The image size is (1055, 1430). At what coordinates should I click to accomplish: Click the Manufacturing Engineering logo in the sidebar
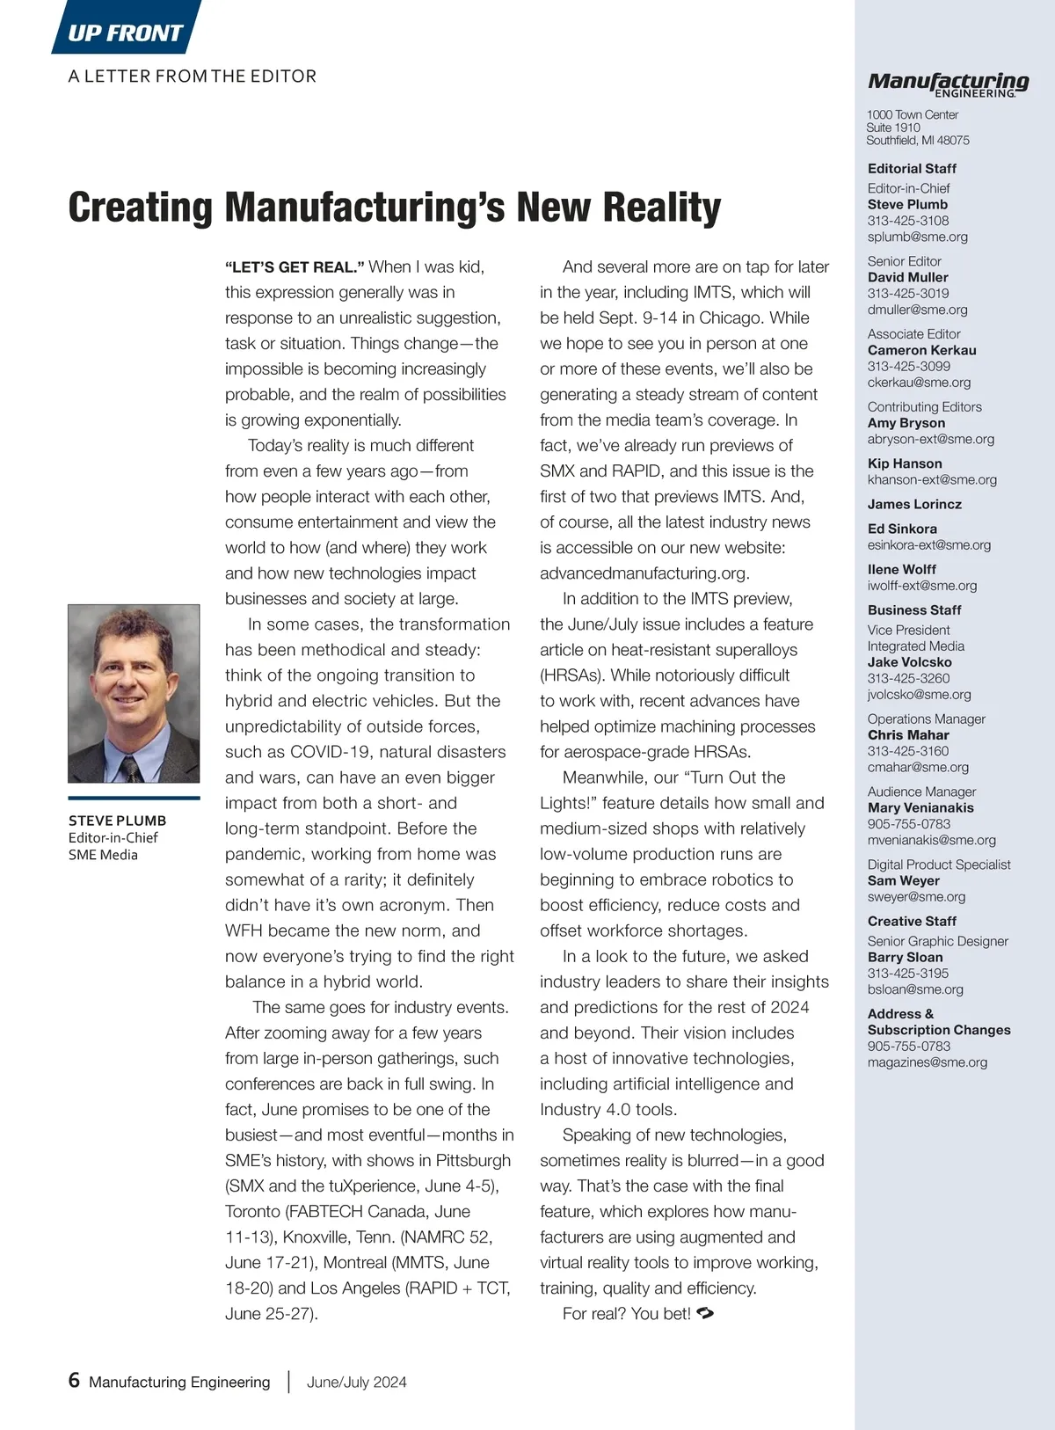948,84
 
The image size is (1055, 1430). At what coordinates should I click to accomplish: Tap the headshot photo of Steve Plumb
134,693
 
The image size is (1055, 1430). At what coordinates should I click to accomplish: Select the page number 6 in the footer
74,1380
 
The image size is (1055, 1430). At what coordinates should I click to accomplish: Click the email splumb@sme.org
917,237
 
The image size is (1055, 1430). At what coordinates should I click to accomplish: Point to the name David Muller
907,277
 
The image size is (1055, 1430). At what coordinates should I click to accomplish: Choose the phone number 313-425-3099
908,366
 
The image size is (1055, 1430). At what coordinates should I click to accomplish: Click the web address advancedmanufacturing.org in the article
644,573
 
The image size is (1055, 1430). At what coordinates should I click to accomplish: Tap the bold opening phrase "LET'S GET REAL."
295,267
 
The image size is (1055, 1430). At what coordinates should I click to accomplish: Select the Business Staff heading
913,609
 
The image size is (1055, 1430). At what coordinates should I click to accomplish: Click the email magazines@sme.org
927,1062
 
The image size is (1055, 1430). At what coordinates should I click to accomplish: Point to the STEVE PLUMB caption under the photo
117,821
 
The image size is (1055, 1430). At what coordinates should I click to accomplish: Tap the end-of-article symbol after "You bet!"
704,1313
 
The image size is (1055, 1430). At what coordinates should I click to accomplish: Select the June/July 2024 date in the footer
356,1382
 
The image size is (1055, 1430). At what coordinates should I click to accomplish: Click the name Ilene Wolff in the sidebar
901,569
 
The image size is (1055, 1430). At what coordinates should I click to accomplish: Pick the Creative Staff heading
911,921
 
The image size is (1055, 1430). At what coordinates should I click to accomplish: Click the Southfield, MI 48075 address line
917,140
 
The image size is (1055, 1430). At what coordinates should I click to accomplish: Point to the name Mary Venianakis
920,807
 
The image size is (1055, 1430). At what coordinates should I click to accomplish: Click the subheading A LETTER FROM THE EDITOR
192,77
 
